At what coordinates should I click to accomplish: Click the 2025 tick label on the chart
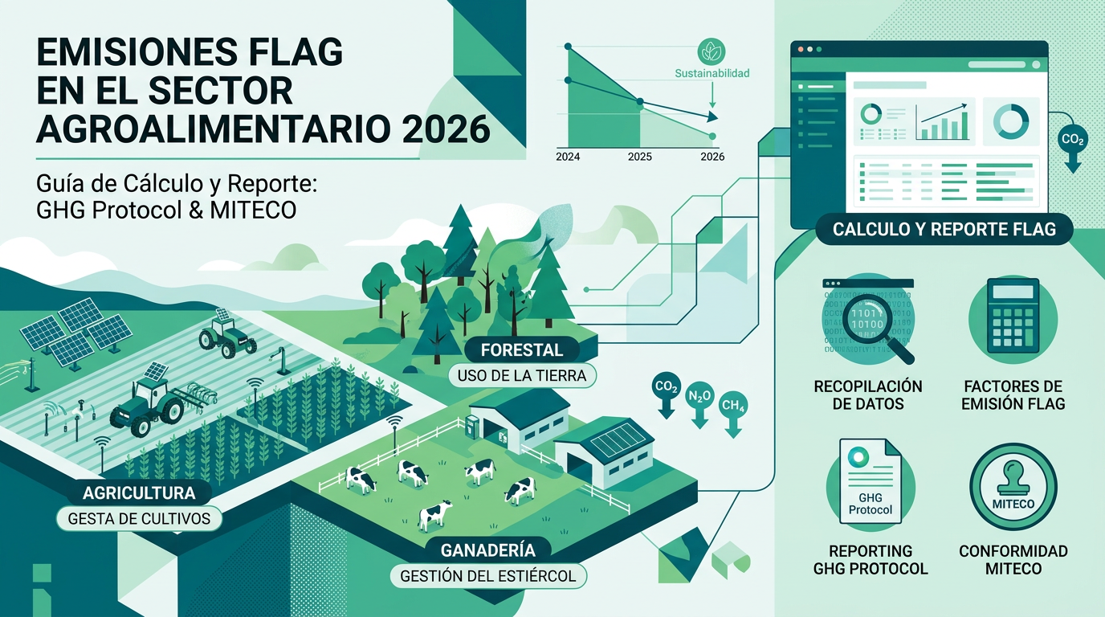(639, 157)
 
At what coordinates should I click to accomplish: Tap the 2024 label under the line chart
(568, 157)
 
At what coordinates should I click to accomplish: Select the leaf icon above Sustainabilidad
(712, 52)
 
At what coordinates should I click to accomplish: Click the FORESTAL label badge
(522, 350)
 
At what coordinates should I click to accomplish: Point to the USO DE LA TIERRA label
(522, 376)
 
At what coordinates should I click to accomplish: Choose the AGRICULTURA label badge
(139, 492)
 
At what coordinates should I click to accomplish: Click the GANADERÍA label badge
(488, 550)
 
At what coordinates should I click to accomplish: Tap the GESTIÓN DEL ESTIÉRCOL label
(488, 576)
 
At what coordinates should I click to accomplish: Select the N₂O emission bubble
(699, 396)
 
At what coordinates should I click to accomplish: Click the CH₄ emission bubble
(733, 406)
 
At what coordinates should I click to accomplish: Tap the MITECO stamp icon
(1013, 487)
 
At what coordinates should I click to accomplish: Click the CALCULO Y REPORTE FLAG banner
(944, 229)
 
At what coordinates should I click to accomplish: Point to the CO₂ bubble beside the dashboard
(1072, 140)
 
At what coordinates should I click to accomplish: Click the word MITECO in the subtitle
(253, 210)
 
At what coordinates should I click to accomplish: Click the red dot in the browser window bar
(801, 49)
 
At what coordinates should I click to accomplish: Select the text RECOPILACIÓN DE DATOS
(868, 395)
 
